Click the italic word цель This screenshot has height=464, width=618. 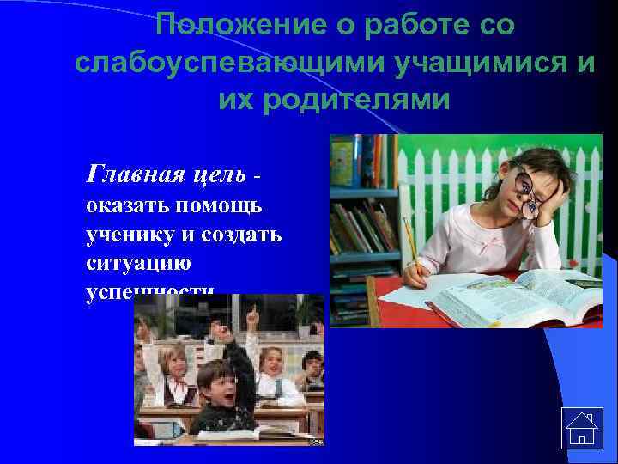220,176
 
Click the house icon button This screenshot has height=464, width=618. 581,427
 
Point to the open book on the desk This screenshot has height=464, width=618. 515,296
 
